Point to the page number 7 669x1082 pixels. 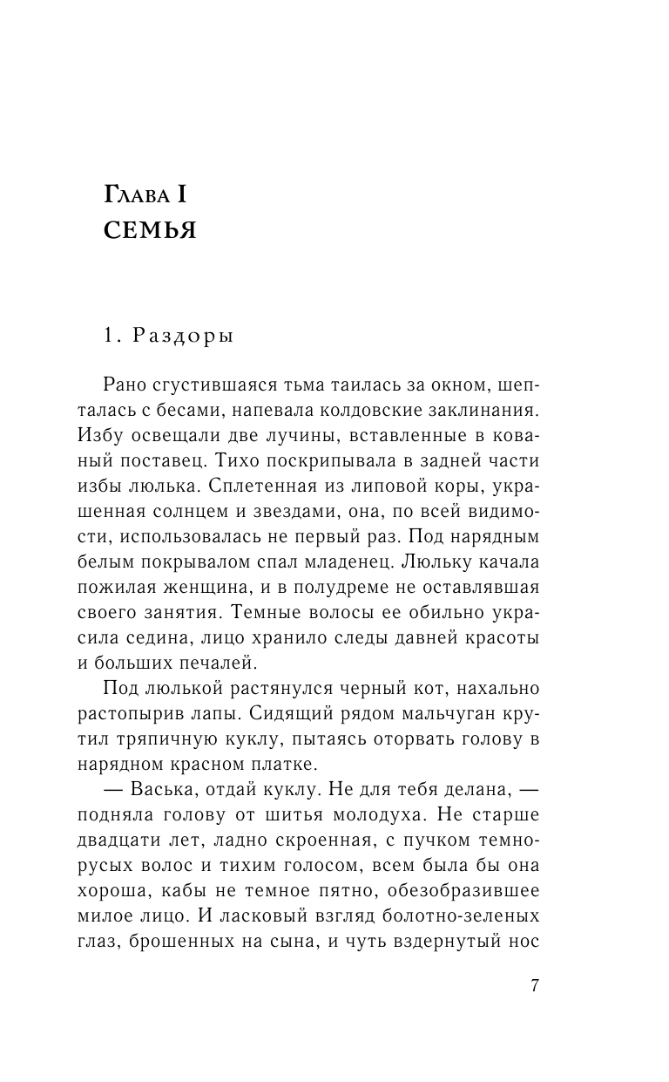tap(535, 986)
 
